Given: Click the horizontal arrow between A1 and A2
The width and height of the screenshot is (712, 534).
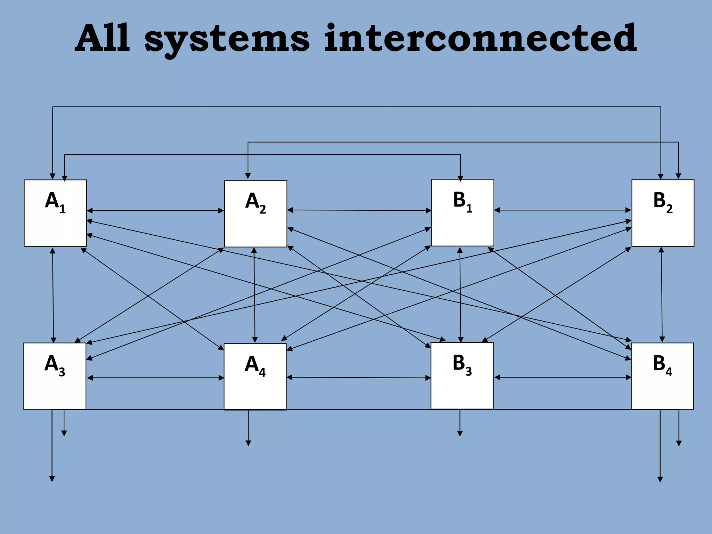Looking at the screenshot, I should pyautogui.click(x=155, y=211).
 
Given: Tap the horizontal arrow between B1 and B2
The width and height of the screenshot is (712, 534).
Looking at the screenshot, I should pyautogui.click(x=563, y=210).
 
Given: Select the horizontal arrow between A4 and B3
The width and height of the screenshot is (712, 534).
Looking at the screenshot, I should pyautogui.click(x=358, y=378).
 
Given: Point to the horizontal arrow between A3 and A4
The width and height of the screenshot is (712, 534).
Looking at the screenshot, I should pyautogui.click(x=155, y=378).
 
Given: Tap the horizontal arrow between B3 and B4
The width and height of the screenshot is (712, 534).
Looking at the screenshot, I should pyautogui.click(x=563, y=377).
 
